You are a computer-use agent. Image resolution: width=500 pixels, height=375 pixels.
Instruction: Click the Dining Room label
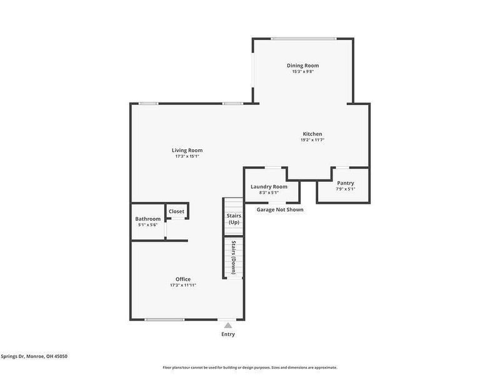pyautogui.click(x=302, y=66)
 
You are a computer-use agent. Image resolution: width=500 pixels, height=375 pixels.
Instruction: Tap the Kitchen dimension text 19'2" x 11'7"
pyautogui.click(x=312, y=140)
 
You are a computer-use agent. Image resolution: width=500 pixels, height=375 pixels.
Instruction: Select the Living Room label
pyautogui.click(x=187, y=150)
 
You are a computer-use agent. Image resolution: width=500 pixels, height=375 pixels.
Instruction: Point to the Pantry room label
pyautogui.click(x=346, y=183)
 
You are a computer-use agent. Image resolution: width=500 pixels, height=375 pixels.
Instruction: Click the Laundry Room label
pyautogui.click(x=269, y=187)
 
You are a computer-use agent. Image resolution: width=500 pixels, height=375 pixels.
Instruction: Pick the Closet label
pyautogui.click(x=176, y=211)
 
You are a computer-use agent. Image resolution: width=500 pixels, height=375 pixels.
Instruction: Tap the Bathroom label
pyautogui.click(x=147, y=219)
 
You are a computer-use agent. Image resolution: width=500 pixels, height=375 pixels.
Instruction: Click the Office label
pyautogui.click(x=183, y=279)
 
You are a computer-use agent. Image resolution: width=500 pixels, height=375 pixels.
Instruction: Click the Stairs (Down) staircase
pyautogui.click(x=233, y=257)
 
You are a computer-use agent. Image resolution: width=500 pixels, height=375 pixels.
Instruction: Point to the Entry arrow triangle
pyautogui.click(x=228, y=325)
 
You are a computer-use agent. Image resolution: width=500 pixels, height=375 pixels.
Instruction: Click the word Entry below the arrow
pyautogui.click(x=228, y=334)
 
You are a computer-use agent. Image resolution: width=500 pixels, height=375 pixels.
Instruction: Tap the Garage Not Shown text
pyautogui.click(x=280, y=209)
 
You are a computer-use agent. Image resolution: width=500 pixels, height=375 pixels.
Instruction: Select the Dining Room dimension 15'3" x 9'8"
pyautogui.click(x=302, y=72)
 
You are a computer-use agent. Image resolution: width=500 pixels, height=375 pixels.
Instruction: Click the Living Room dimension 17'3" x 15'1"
pyautogui.click(x=187, y=156)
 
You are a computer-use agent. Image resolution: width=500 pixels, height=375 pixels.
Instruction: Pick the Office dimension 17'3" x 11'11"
pyautogui.click(x=183, y=285)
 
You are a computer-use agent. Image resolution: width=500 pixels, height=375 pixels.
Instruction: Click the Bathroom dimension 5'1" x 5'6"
pyautogui.click(x=147, y=225)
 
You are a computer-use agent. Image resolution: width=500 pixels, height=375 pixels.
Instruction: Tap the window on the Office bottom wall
pyautogui.click(x=164, y=319)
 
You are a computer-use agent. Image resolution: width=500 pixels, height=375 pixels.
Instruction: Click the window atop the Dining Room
pyautogui.click(x=302, y=38)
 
